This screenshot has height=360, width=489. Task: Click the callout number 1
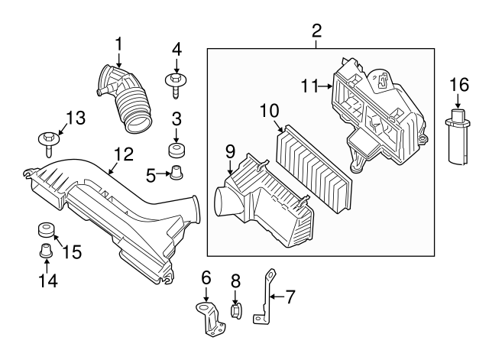pos(118,44)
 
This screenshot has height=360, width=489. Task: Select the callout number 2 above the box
pos(317,31)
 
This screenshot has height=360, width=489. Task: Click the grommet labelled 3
pos(176,148)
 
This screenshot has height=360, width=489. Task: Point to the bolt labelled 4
pos(176,82)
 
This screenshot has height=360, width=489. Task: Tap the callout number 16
pos(458,83)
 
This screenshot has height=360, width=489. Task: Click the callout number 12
pos(123,155)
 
